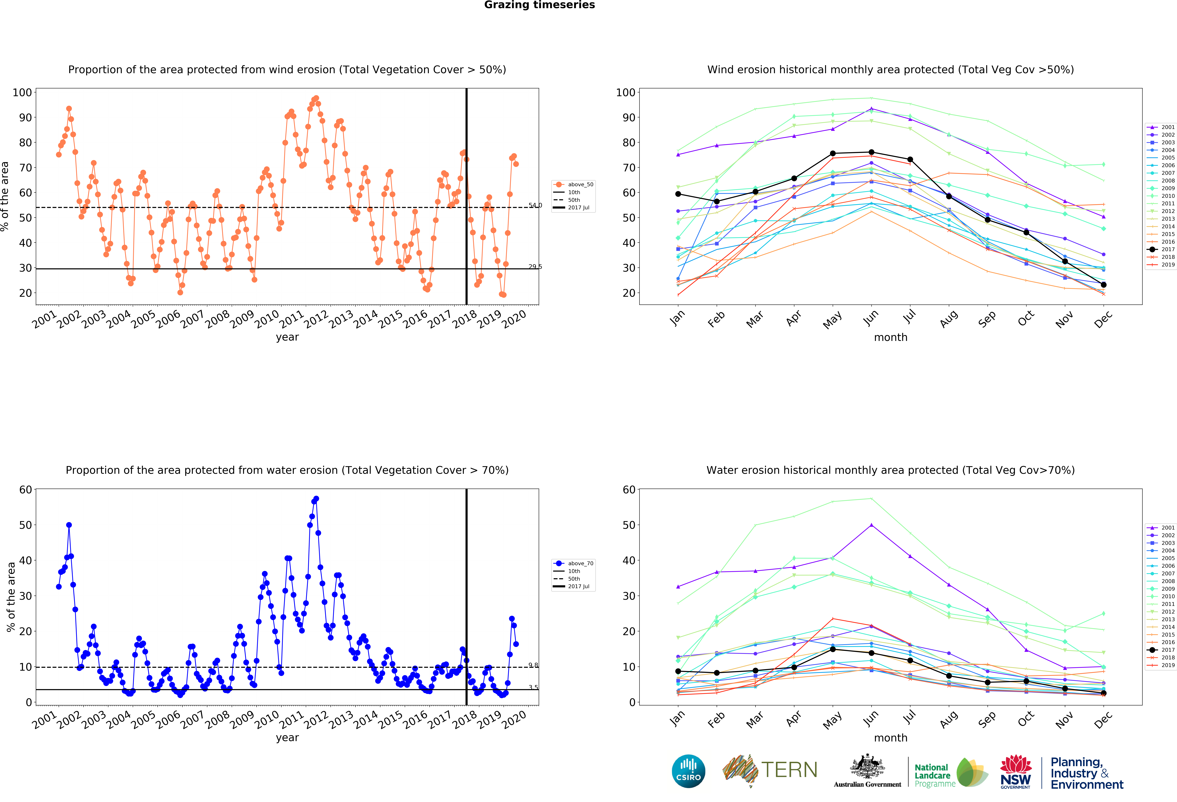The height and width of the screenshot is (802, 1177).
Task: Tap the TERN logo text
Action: click(x=789, y=770)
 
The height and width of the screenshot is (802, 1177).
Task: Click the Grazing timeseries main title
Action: click(x=539, y=5)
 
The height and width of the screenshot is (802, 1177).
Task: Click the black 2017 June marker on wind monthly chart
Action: click(x=871, y=152)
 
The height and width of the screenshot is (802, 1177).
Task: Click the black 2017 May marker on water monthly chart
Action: click(x=833, y=649)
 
